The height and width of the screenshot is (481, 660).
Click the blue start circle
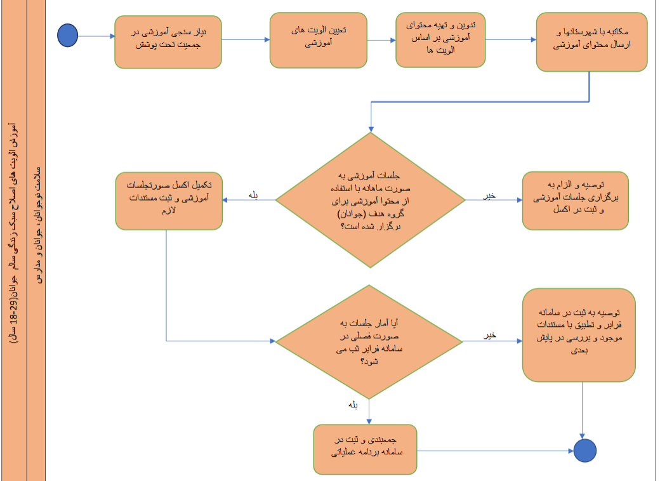pyautogui.click(x=67, y=36)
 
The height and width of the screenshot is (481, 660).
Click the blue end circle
pyautogui.click(x=584, y=451)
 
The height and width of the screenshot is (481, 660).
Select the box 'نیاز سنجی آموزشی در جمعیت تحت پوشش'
pyautogui.click(x=168, y=41)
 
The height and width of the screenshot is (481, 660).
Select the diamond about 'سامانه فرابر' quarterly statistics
pyautogui.click(x=369, y=341)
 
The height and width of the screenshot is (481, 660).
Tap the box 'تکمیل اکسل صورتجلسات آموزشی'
pyautogui.click(x=169, y=201)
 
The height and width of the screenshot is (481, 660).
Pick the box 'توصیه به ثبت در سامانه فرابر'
pyautogui.click(x=579, y=335)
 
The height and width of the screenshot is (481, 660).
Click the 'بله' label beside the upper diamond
pyautogui.click(x=254, y=195)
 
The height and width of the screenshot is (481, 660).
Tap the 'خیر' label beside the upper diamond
pyautogui.click(x=489, y=195)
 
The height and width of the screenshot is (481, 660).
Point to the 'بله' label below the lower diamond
pyautogui.click(x=353, y=404)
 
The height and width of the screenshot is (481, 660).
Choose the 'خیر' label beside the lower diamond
pyautogui.click(x=489, y=335)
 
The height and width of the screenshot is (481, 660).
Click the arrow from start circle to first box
pyautogui.click(x=95, y=36)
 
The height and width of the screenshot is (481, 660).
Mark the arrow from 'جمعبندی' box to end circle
pyautogui.click(x=495, y=451)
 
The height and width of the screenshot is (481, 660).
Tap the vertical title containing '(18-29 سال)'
pyautogui.click(x=13, y=235)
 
